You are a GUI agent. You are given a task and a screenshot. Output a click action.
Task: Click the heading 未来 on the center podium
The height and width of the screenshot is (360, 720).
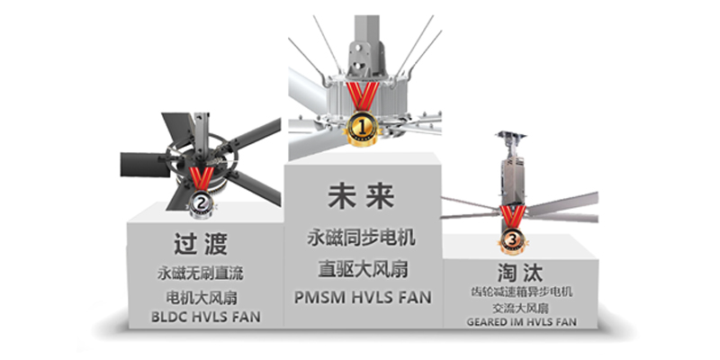pyautogui.click(x=361, y=197)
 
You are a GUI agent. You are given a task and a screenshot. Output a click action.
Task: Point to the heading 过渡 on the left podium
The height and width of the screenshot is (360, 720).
pyautogui.click(x=201, y=244)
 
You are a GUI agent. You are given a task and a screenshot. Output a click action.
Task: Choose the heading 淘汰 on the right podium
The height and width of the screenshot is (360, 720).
pyautogui.click(x=519, y=273)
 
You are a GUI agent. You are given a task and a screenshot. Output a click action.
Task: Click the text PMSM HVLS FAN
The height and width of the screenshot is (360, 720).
pyautogui.click(x=363, y=297)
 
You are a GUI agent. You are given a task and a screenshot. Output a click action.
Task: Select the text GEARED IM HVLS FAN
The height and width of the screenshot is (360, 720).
pyautogui.click(x=522, y=322)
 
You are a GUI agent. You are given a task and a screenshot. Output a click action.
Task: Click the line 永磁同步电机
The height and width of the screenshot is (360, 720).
pyautogui.click(x=362, y=238)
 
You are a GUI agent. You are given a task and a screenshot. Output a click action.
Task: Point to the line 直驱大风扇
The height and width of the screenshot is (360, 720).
pyautogui.click(x=363, y=268)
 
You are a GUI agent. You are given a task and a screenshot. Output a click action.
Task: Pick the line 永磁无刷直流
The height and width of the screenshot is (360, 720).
pyautogui.click(x=200, y=274)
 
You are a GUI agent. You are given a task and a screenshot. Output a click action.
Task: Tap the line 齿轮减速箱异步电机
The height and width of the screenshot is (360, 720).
pyautogui.click(x=522, y=292)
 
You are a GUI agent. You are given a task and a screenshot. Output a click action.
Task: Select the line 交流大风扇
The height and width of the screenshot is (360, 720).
pyautogui.click(x=522, y=307)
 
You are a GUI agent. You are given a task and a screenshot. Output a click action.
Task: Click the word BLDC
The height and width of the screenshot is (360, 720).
pyautogui.click(x=168, y=317)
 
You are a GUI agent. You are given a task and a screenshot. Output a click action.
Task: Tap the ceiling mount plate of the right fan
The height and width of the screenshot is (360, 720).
pyautogui.click(x=510, y=135)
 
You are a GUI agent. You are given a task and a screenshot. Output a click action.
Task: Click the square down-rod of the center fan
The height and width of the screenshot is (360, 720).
pyautogui.click(x=366, y=29)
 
